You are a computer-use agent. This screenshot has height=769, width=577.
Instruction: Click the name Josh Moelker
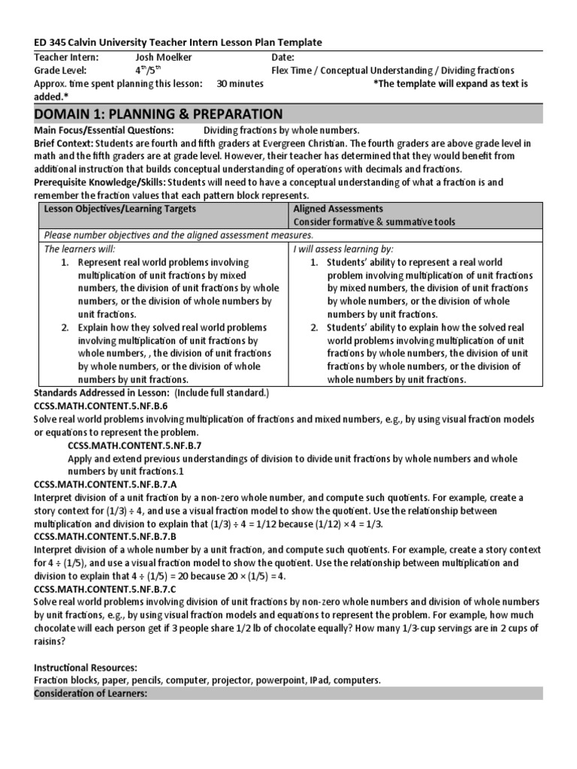pos(164,57)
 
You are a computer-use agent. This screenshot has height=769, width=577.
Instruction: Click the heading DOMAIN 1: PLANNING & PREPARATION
pos(159,114)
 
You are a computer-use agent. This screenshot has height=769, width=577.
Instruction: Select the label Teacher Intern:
pos(67,57)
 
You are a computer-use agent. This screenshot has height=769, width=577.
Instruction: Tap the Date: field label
pos(283,57)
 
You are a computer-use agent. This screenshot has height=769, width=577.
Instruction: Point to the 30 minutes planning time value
pos(240,84)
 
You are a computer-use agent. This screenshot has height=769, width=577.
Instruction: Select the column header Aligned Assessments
pos(338,208)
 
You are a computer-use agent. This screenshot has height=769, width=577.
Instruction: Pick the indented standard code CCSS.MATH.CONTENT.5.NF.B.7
pos(134,445)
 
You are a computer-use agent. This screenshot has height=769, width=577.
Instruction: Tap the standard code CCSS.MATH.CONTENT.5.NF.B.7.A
pos(105,485)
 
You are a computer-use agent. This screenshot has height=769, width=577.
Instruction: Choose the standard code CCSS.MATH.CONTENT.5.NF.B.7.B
pos(105,538)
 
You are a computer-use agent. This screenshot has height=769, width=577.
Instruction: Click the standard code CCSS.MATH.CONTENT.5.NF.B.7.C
pos(105,590)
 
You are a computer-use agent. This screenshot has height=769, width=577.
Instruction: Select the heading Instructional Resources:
pos(86,668)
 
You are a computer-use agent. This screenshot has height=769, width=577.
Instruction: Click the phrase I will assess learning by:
pos(343,249)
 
